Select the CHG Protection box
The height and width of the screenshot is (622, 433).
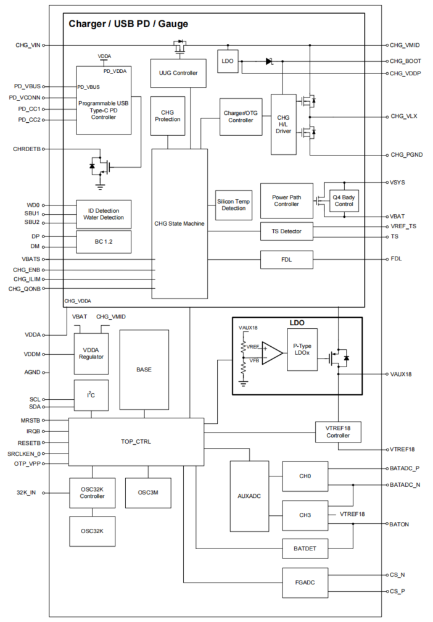[x=167, y=115]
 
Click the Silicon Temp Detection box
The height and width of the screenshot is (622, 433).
[x=233, y=205]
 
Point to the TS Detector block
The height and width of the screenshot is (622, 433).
[x=286, y=231]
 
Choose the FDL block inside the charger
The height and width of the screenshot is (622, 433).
[x=286, y=259]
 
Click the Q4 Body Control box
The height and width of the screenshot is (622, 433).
[x=344, y=200]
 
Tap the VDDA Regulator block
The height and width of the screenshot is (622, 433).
[x=92, y=353]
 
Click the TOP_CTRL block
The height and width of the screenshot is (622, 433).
[x=136, y=442]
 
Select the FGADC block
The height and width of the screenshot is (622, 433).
[x=305, y=583]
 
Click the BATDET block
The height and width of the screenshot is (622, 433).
[x=305, y=547]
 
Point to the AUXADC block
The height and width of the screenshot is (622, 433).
[x=249, y=496]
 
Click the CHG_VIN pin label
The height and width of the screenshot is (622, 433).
[x=28, y=45]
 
